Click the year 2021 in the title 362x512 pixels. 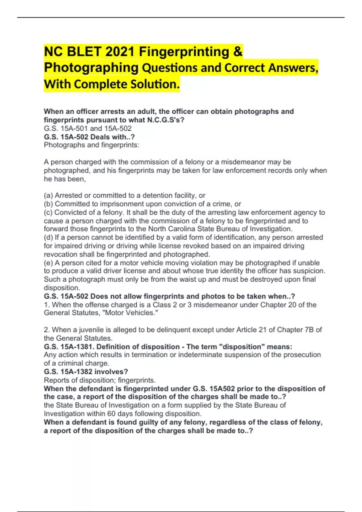[x=120, y=52]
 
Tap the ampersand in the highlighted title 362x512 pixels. [x=238, y=52]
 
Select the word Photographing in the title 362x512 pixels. [x=91, y=68]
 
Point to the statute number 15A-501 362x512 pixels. [x=74, y=128]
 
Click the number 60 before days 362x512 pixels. [x=111, y=414]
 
